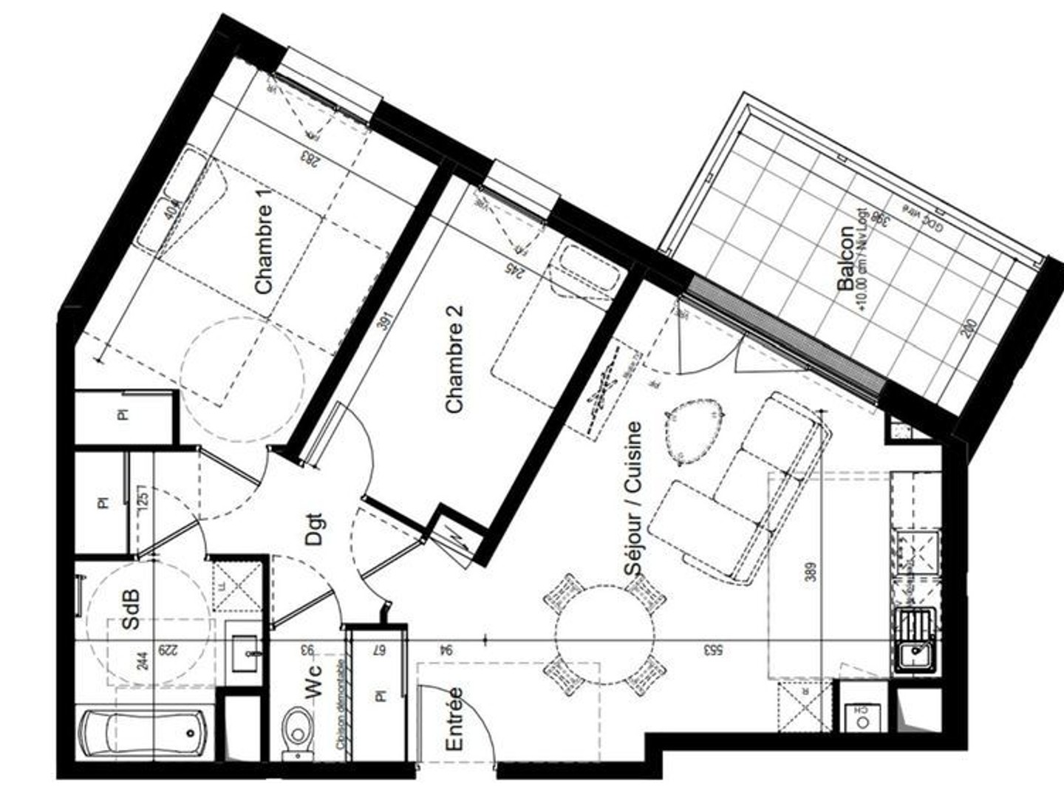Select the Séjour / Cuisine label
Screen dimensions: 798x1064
point(633,499)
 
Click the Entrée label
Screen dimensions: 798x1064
point(454,718)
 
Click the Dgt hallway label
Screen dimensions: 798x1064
point(315,529)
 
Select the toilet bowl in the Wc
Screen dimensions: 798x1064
point(298,731)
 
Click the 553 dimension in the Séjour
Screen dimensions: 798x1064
point(713,650)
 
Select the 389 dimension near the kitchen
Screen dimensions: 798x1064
point(811,573)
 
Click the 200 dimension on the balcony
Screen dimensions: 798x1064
point(969,327)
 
